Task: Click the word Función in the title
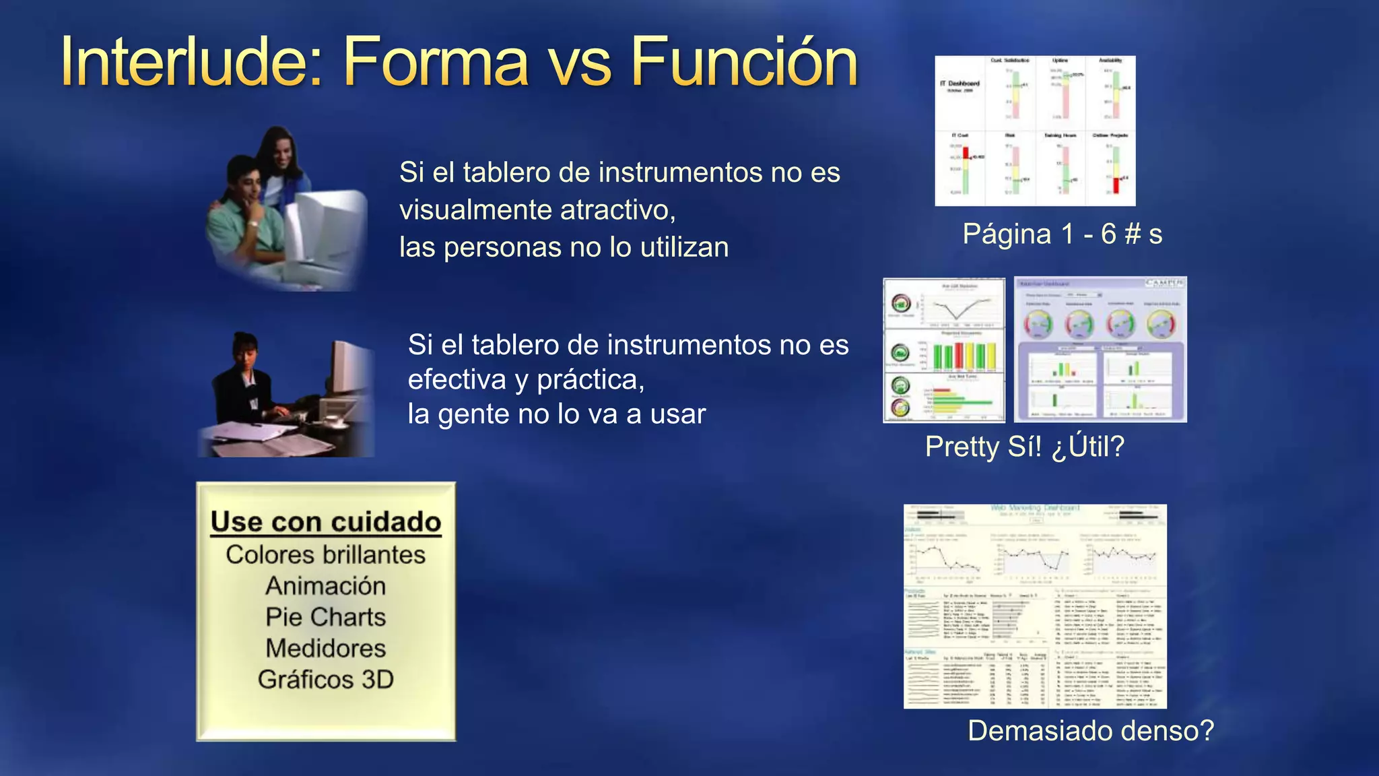click(744, 62)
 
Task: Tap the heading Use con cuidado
click(326, 522)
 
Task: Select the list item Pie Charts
click(326, 617)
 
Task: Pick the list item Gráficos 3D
click(326, 680)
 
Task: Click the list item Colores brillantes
click(326, 555)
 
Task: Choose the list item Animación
click(326, 586)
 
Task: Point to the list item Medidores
click(326, 648)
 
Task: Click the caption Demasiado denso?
click(1090, 731)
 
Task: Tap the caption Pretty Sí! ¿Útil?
click(1024, 447)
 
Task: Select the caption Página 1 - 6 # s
click(1062, 234)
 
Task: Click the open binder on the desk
click(283, 438)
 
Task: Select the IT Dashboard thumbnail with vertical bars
click(1035, 131)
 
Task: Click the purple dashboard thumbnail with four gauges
click(1100, 350)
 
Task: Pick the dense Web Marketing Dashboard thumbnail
click(1035, 606)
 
